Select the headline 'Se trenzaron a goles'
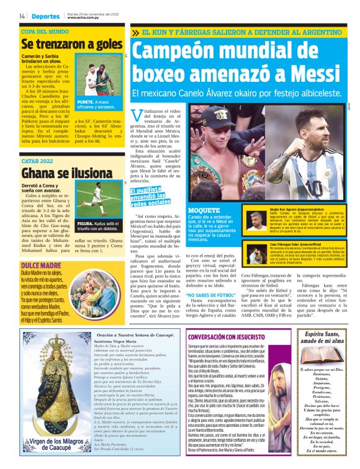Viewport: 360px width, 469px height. (72, 44)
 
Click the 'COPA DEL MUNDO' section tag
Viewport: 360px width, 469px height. (45, 30)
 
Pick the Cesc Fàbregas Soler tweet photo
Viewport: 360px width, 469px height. (255, 253)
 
